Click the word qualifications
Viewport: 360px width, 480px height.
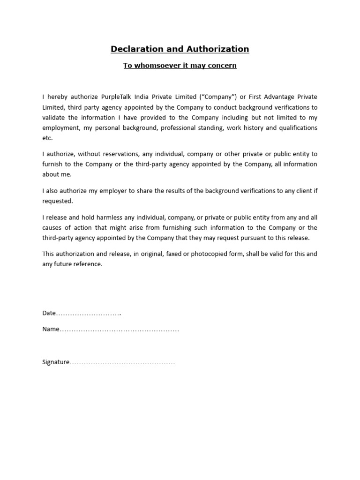coord(298,128)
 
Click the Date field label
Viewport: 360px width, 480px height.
coord(49,313)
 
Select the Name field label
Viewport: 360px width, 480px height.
coord(51,329)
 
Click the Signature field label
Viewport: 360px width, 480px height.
coord(56,362)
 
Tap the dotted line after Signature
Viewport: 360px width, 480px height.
coord(122,363)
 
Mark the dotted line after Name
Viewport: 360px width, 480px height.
coord(120,330)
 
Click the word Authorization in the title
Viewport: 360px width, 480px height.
coord(218,49)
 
